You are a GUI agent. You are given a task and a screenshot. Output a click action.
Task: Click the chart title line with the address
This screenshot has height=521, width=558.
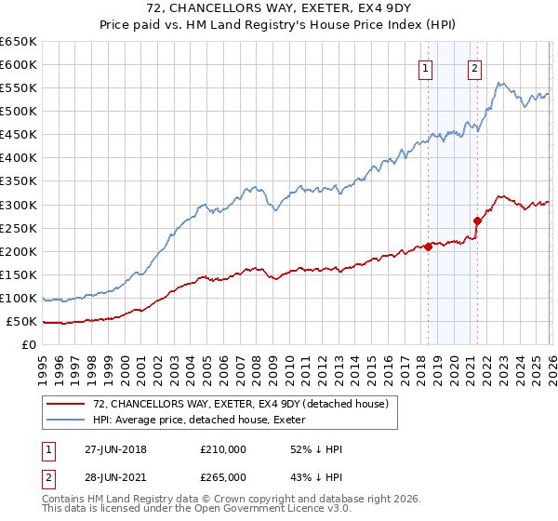[279, 8]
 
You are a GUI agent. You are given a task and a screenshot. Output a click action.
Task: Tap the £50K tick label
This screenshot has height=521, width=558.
[21, 322]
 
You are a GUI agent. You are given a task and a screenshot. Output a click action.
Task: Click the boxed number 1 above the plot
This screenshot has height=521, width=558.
[425, 67]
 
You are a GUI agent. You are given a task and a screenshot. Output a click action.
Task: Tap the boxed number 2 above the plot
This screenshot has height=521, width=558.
[474, 67]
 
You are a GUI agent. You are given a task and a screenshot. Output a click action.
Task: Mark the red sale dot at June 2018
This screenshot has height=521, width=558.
[429, 247]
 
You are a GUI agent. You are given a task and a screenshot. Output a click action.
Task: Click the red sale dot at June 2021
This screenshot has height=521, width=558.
[478, 221]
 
